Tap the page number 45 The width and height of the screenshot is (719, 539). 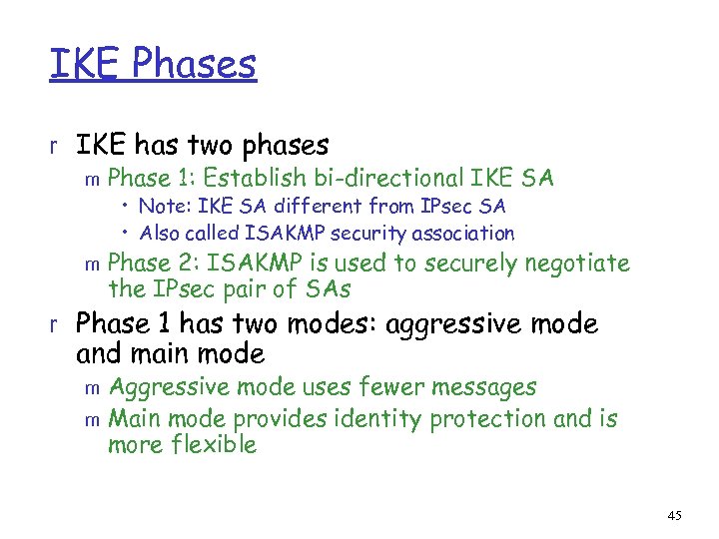(x=674, y=515)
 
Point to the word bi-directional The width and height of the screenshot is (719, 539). (x=384, y=179)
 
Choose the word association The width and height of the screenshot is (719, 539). (x=462, y=234)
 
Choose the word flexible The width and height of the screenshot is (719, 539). (x=212, y=445)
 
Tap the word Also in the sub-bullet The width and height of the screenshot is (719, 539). (x=158, y=234)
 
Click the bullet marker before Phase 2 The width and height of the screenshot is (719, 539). (x=93, y=266)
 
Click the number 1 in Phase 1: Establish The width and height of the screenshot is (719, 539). (x=190, y=179)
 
